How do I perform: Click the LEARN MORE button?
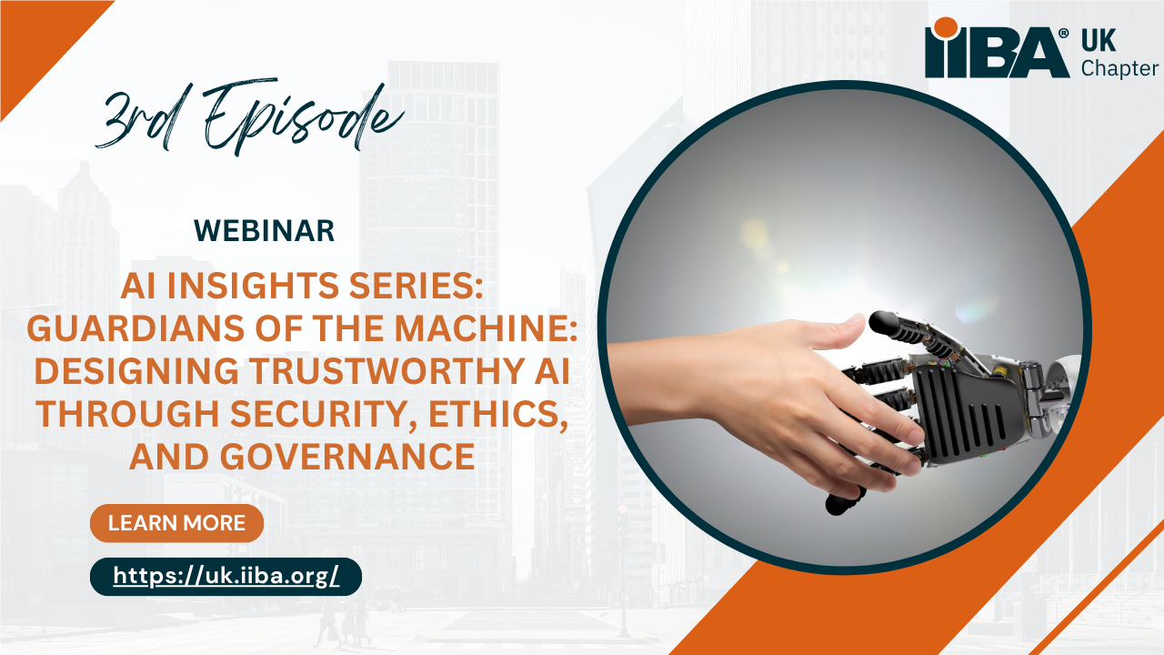coord(176,523)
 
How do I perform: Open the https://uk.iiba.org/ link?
coord(226,576)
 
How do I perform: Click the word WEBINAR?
coord(264,231)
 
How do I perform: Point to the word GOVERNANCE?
coord(347,457)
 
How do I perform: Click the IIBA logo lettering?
coord(996,52)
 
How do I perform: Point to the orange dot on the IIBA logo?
coord(945,27)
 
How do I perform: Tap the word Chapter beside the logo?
coord(1119,68)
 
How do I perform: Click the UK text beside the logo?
coord(1099,41)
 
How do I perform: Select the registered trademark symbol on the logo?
coord(1064,34)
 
